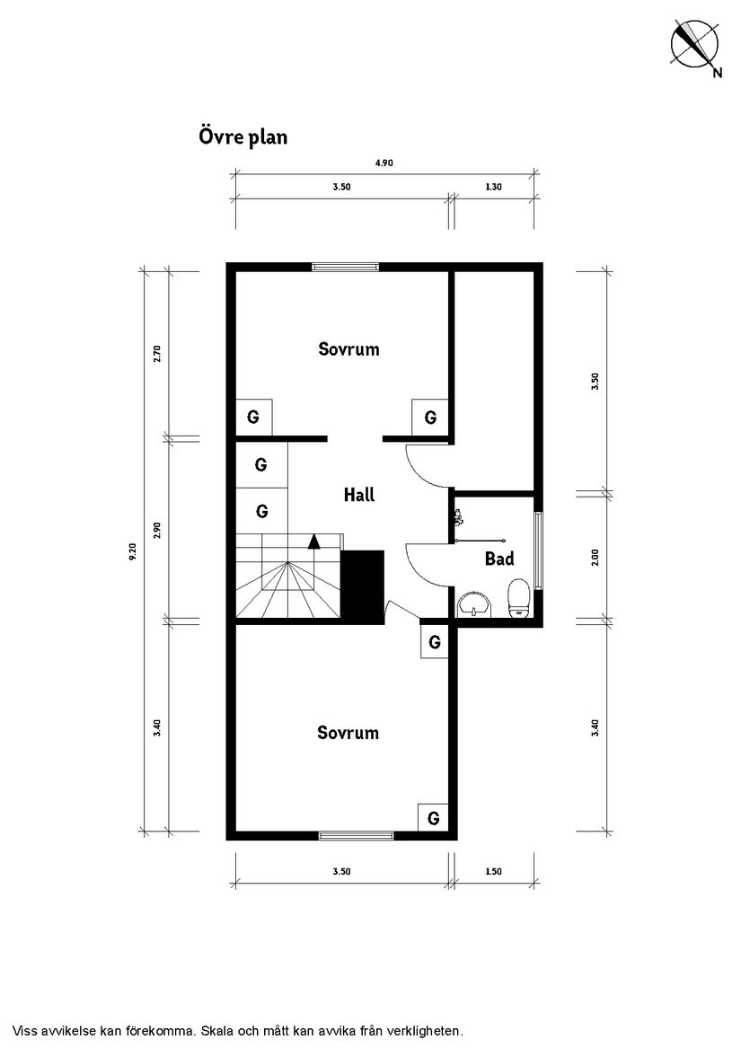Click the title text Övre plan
click(x=243, y=137)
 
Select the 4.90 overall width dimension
click(x=384, y=163)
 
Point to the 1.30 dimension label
click(x=492, y=187)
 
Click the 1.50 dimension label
click(x=492, y=871)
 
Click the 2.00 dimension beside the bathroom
click(x=594, y=558)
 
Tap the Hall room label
click(x=359, y=494)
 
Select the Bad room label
click(x=499, y=559)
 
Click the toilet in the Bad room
click(x=518, y=599)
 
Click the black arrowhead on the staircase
click(x=313, y=541)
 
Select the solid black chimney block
click(x=363, y=585)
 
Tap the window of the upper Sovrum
click(x=345, y=266)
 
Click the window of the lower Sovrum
click(x=356, y=835)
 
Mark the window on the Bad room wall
click(x=538, y=550)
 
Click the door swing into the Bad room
click(x=427, y=564)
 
